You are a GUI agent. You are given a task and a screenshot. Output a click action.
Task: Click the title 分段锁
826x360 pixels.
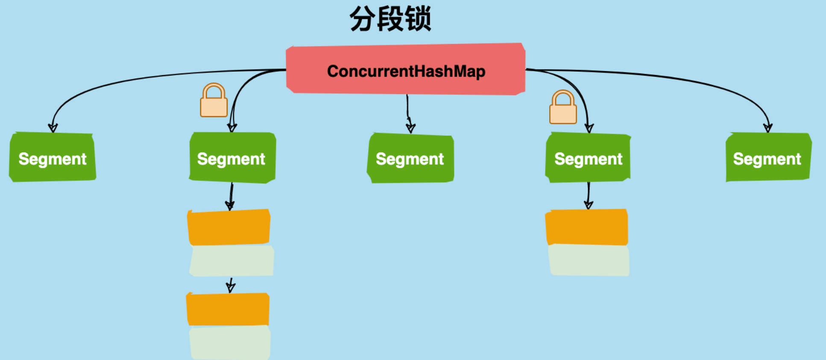coord(390,19)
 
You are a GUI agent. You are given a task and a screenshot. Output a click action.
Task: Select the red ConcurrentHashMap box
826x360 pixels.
coord(406,69)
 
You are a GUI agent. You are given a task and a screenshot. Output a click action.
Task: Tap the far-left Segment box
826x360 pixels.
coord(53,157)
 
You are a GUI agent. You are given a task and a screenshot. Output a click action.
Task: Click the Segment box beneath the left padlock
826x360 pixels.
coord(232,158)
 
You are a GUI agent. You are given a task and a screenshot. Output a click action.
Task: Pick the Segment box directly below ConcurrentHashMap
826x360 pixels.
coord(410,158)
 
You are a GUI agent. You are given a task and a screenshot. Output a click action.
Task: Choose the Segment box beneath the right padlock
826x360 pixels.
coord(588,158)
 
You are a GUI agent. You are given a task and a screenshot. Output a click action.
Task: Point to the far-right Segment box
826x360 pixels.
coord(768,157)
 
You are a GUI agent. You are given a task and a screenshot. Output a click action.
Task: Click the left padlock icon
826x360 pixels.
coord(214,100)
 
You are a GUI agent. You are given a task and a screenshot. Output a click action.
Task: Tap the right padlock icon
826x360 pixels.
coord(563,107)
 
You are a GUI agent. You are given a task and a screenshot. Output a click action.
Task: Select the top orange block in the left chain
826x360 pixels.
coord(229,227)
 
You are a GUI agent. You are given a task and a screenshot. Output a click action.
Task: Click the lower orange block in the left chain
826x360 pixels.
coord(228,309)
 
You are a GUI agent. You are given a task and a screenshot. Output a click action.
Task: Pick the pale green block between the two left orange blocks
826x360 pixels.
coord(231,260)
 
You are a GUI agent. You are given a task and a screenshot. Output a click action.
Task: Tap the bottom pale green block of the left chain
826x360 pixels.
coord(230,342)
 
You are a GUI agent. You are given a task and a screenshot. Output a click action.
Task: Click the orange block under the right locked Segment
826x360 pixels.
coord(587,227)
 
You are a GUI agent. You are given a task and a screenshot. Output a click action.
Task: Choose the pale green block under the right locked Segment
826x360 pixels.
coord(589,260)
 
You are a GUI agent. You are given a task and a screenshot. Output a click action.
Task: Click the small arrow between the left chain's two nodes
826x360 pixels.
coord(231,285)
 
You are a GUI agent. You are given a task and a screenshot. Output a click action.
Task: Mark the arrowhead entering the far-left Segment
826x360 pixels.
coord(53,128)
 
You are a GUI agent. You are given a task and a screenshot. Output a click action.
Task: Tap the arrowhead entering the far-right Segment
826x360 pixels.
coord(768,128)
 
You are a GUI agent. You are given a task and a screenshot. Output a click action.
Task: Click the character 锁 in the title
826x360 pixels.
coord(418,19)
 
